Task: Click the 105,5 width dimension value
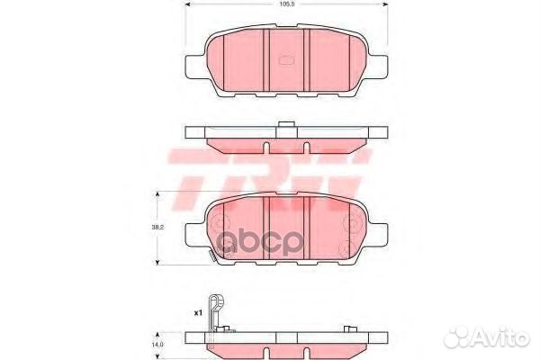click(286, 4)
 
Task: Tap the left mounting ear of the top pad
click(193, 66)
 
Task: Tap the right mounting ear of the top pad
click(381, 66)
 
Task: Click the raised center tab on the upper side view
click(286, 125)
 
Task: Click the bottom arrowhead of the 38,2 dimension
click(160, 260)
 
